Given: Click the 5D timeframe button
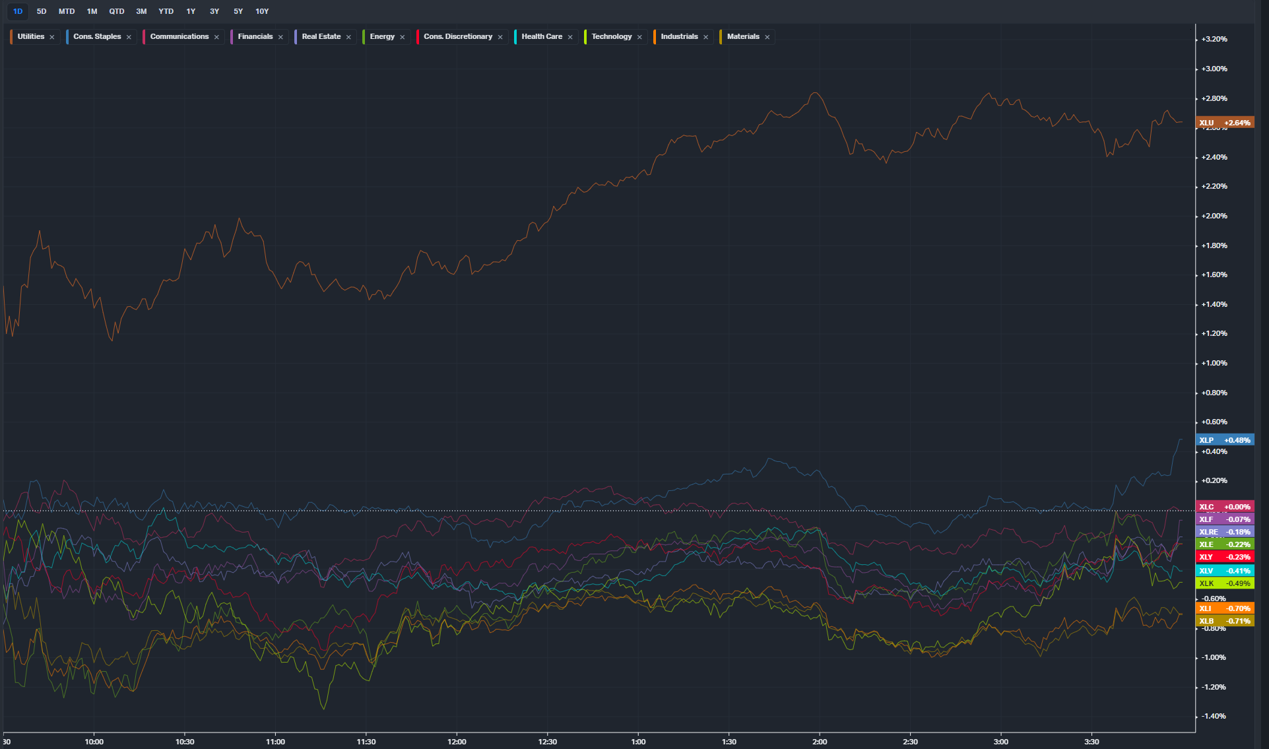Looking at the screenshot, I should [x=42, y=11].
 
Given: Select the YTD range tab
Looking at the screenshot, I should [x=166, y=11].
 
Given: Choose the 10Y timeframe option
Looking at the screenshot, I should [x=262, y=11].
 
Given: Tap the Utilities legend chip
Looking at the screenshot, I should [x=31, y=37].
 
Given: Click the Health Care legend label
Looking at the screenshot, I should [x=542, y=37].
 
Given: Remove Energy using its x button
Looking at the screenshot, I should [x=403, y=38].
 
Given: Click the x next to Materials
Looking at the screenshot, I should [x=767, y=38].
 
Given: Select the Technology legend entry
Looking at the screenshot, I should [x=612, y=37].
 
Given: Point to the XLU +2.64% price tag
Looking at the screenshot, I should [x=1224, y=123].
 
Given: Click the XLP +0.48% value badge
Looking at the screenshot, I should [x=1224, y=440].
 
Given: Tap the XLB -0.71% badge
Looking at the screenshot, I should [x=1224, y=621].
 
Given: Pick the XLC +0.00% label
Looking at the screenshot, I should [x=1224, y=507].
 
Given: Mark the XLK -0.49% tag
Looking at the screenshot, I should [x=1224, y=583].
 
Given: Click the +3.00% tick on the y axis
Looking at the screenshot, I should [x=1214, y=69].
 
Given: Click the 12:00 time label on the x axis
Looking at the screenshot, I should [x=457, y=742].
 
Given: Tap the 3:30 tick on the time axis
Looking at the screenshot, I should [x=1091, y=742].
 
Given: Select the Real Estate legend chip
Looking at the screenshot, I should [x=321, y=37].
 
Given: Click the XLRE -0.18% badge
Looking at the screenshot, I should [x=1224, y=532].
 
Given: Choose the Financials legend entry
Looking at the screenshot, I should [x=255, y=37].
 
